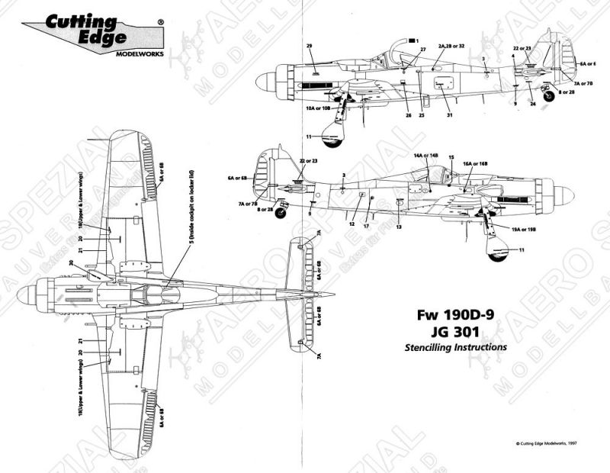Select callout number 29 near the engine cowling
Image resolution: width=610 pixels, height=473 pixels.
[x=310, y=47]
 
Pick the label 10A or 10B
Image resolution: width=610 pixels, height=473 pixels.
[x=318, y=109]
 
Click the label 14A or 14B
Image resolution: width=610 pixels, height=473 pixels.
[x=425, y=156]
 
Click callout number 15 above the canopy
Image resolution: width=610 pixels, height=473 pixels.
[x=451, y=156]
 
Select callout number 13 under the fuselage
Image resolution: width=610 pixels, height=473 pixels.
[x=399, y=227]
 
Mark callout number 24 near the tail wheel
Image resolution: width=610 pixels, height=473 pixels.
[x=532, y=104]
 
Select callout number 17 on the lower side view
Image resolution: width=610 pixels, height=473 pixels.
[x=367, y=226]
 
